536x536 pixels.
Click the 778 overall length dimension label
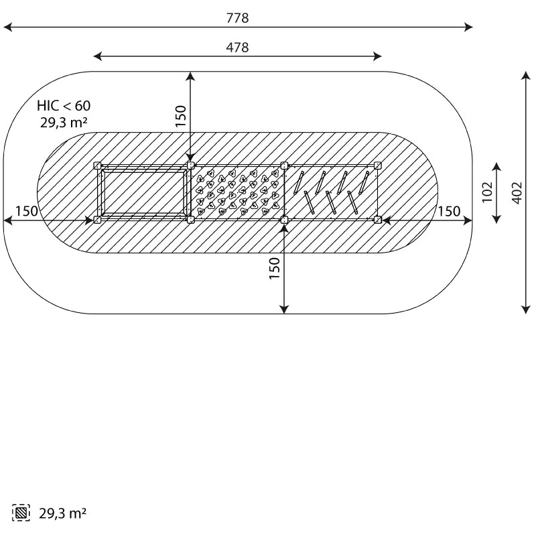point(238,18)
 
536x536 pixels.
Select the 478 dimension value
point(238,47)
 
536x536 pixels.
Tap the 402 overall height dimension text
point(517,193)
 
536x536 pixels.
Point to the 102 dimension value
point(487,192)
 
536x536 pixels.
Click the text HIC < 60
point(64,106)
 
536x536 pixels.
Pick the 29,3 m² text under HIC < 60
point(64,123)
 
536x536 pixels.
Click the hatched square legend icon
point(21,513)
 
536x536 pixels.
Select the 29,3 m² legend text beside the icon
point(62,513)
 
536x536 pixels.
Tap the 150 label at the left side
point(27,211)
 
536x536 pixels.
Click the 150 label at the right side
point(449,211)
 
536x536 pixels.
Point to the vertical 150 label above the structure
point(181,116)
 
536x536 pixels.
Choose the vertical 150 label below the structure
point(275,269)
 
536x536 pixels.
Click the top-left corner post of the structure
point(97,165)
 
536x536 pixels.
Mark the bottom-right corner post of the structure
point(377,220)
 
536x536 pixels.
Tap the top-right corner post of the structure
point(377,165)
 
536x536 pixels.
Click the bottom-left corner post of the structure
point(97,220)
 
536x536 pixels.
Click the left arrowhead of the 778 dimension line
point(7,27)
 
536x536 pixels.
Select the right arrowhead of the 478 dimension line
point(377,56)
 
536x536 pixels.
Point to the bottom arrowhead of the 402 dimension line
point(526,310)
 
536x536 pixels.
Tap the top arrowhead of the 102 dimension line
point(496,167)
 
